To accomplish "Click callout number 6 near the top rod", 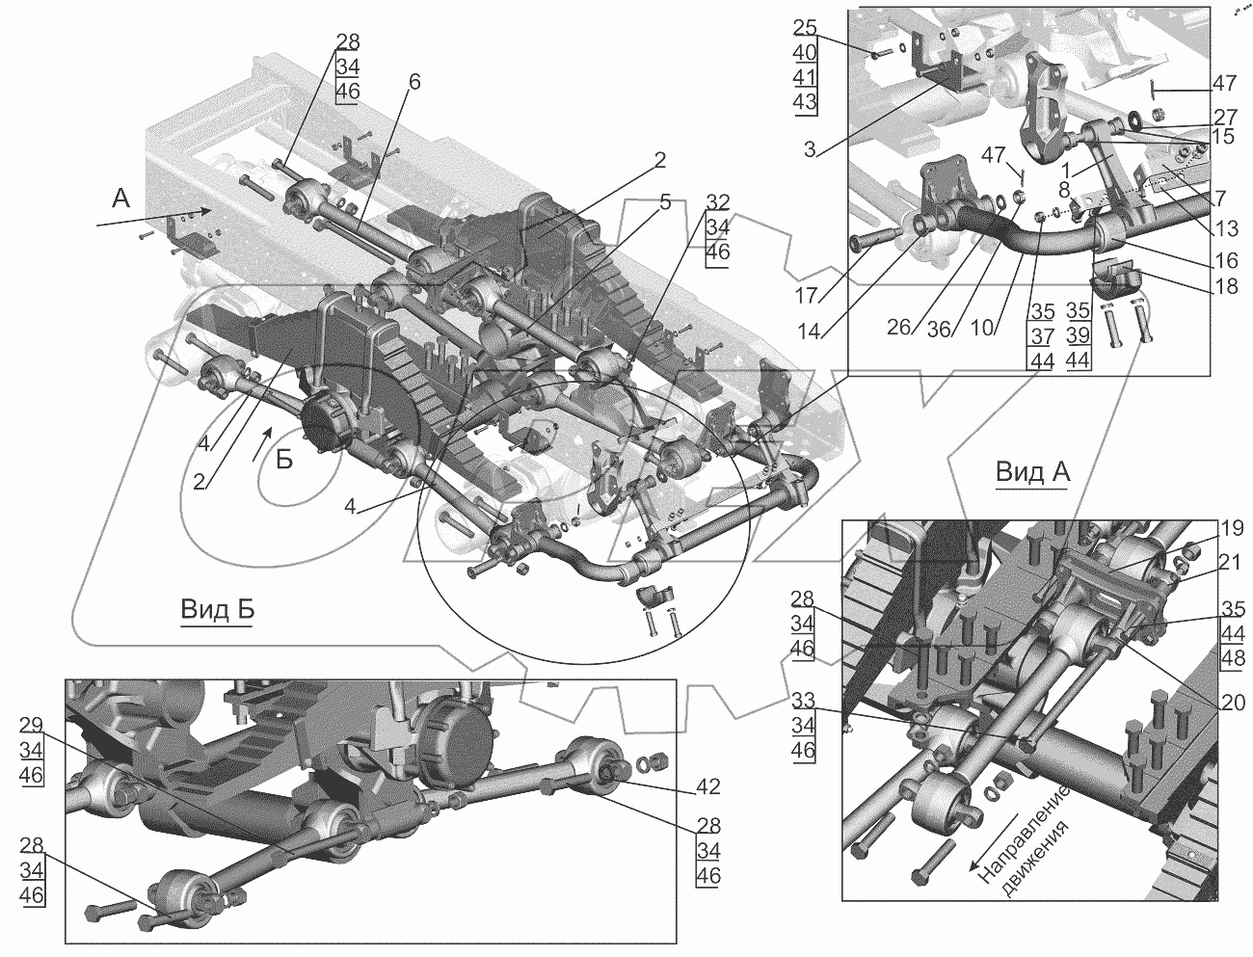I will click(413, 82).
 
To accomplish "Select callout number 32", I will click(717, 201).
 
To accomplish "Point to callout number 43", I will click(806, 101).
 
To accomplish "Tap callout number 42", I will click(707, 787).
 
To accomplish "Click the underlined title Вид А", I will click(1032, 473).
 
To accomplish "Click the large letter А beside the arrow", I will click(120, 199).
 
